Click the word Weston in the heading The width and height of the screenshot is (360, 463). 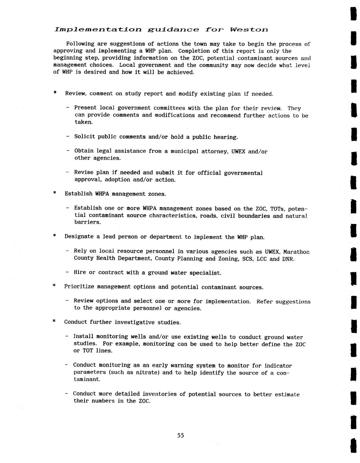click(249, 30)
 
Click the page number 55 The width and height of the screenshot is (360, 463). click(181, 435)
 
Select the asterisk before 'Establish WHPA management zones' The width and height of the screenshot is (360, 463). click(54, 193)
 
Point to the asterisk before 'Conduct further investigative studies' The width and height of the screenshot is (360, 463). click(54, 322)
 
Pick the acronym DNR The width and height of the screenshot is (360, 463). click(288, 259)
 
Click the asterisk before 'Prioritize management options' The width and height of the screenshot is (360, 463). click(54, 286)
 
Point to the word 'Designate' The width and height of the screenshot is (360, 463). click(79, 237)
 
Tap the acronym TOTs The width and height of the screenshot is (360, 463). click(277, 209)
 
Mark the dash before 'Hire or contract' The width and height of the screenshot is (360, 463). click(67, 272)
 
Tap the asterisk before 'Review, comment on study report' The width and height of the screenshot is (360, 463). click(55, 93)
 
